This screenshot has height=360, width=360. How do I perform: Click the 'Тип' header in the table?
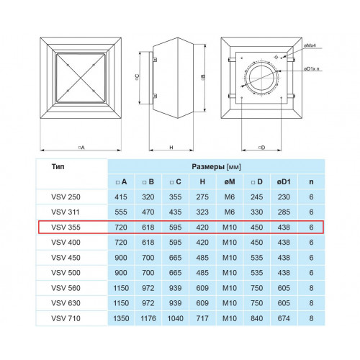58,166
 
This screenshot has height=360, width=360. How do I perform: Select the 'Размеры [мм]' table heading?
216,167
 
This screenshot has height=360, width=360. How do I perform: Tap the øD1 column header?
284,181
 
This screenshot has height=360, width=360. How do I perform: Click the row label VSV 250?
66,197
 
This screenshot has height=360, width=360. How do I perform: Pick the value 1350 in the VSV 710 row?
121,318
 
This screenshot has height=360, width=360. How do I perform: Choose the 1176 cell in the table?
148,318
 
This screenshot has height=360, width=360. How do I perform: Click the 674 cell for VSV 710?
284,318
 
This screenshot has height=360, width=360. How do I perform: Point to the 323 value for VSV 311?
202,212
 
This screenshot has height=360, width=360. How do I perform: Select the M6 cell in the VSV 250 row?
230,197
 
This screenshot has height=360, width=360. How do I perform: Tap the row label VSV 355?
66,228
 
